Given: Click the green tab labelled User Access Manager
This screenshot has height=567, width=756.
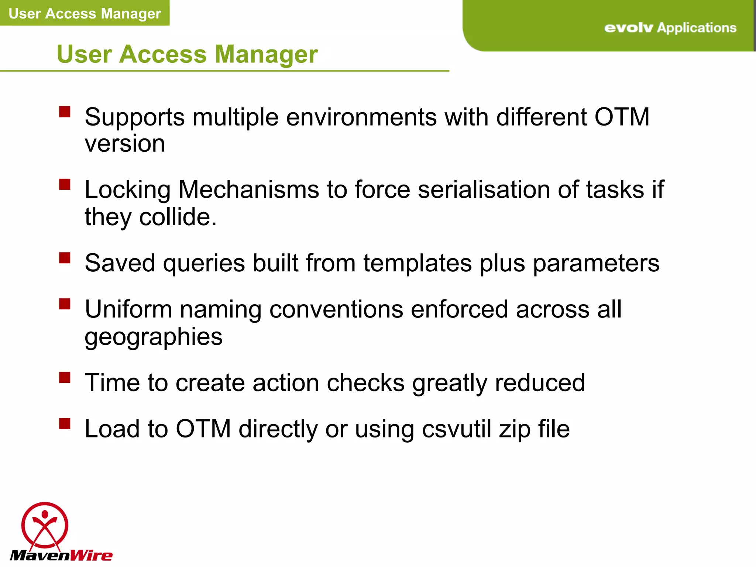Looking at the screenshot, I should tap(85, 13).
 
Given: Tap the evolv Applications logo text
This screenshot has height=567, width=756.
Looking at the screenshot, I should tap(670, 28).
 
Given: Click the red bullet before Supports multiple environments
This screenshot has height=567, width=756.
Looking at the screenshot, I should tap(65, 112).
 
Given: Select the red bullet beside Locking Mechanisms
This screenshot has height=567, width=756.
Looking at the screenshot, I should tap(65, 184).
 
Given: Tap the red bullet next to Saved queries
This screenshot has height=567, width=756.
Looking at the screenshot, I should tap(65, 258).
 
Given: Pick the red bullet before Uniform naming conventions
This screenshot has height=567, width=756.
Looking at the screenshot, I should tap(65, 304).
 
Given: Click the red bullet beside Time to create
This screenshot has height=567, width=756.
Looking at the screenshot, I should tap(65, 377).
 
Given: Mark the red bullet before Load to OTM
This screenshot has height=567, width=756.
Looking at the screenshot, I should tap(65, 423).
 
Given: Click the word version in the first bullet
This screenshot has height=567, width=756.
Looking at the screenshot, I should tap(125, 144).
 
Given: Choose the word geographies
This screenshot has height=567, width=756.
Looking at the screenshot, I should tap(154, 337).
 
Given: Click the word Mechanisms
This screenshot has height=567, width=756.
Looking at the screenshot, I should tap(249, 190).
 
